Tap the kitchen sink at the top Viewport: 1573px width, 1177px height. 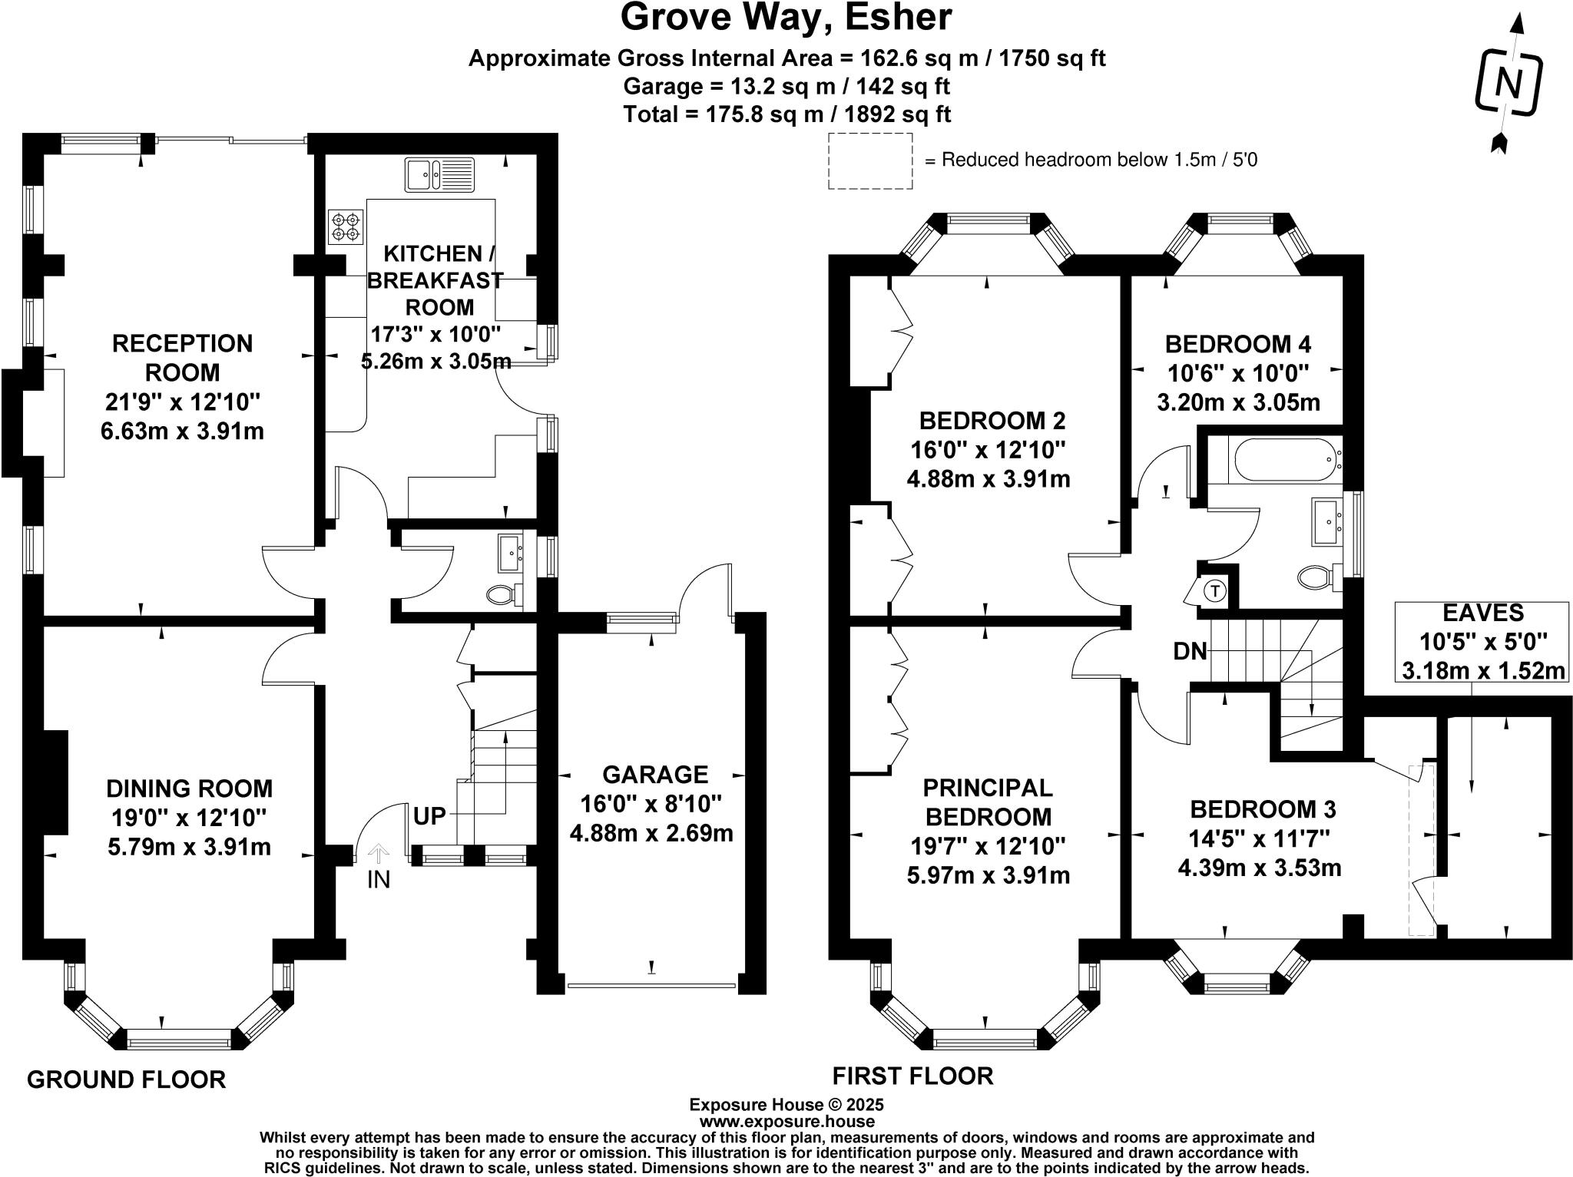(440, 175)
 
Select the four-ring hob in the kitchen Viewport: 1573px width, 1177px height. (345, 226)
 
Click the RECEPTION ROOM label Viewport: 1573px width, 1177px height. (183, 357)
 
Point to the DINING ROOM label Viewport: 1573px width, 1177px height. (189, 789)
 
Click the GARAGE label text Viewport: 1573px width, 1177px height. (654, 774)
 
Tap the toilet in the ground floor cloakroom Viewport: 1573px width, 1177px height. (504, 594)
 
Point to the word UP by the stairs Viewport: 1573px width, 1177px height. (429, 816)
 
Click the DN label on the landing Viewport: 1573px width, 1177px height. (1190, 652)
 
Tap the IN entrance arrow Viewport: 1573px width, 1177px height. (378, 866)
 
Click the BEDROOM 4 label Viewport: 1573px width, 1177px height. (1237, 343)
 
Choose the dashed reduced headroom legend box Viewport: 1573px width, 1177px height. (870, 161)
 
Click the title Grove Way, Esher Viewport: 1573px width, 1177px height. (786, 18)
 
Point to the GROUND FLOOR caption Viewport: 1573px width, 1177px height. (127, 1079)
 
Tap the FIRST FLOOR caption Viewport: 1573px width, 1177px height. (912, 1076)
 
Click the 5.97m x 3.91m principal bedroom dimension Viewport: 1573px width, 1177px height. (988, 875)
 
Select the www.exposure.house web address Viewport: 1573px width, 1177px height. (786, 1121)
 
